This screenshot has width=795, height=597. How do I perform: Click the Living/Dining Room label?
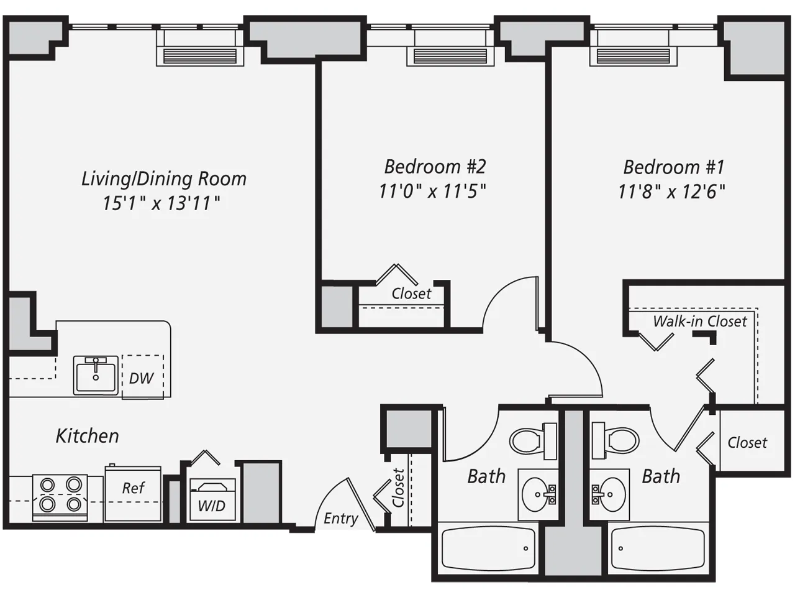164,179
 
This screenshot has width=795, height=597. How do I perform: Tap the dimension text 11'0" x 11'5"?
432,191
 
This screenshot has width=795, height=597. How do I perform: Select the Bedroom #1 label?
673,167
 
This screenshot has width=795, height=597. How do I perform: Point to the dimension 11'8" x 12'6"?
671,191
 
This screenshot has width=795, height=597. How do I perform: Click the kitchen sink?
96,375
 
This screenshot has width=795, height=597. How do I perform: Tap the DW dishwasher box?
142,377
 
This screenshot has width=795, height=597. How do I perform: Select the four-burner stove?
60,495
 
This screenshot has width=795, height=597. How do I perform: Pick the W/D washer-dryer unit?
212,499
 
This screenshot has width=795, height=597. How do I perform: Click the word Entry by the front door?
340,518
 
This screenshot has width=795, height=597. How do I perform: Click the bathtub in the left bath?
488,548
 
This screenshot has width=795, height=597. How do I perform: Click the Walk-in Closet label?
699,322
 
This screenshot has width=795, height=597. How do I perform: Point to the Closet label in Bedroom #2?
411,294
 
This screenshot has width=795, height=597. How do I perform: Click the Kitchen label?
87,435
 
